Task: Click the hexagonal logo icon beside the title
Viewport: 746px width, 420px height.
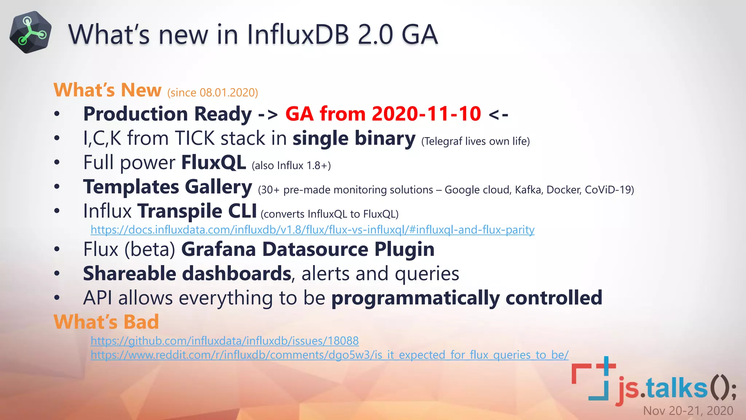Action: point(30,32)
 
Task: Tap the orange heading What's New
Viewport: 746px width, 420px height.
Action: point(107,90)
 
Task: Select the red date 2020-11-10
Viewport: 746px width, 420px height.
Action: point(426,114)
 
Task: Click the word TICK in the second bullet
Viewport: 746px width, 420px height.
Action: point(195,139)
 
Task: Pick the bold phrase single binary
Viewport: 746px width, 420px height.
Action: point(354,139)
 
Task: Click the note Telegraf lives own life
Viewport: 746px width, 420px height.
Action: point(475,141)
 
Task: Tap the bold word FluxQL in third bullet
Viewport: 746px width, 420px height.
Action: point(214,163)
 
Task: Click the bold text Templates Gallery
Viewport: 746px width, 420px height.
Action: point(168,187)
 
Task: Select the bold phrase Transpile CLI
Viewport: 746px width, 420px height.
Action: point(197,211)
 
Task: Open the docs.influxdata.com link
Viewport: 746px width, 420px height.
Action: point(312,230)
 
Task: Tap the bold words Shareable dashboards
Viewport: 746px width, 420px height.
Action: point(187,274)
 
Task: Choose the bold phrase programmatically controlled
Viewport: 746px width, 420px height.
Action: point(467,298)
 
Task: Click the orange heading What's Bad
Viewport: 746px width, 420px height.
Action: point(106,322)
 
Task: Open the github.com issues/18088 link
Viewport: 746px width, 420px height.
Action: point(224,341)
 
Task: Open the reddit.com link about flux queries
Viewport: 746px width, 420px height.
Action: point(329,355)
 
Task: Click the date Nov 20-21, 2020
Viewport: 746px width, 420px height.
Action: point(688,411)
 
